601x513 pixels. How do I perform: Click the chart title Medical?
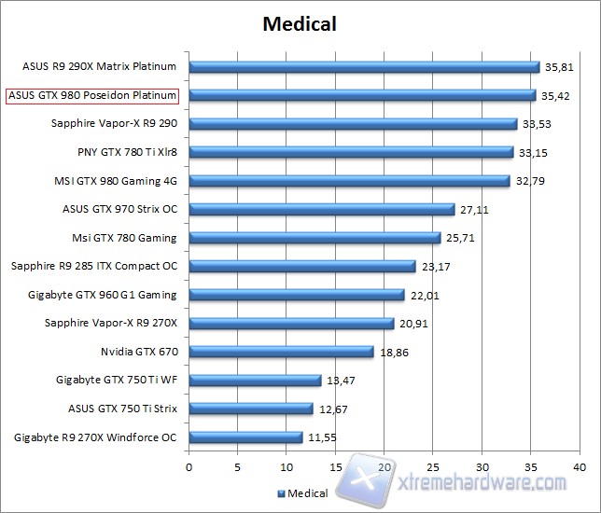point(300,22)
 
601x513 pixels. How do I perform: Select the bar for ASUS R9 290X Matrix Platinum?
point(364,67)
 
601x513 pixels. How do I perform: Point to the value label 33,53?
point(538,124)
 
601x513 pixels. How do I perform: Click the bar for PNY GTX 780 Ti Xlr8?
point(351,152)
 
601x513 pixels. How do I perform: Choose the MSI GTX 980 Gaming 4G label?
point(117,181)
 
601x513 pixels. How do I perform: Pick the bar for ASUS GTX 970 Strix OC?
point(322,210)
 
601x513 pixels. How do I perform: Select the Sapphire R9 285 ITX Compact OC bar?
point(302,267)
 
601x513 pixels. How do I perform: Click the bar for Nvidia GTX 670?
point(281,352)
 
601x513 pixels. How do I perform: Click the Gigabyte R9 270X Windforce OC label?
point(96,437)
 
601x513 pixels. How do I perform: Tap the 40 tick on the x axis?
point(580,466)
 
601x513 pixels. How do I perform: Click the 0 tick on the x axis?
point(189,466)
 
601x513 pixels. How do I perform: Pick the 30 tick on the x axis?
point(482,466)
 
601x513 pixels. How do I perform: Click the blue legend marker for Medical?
point(281,493)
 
